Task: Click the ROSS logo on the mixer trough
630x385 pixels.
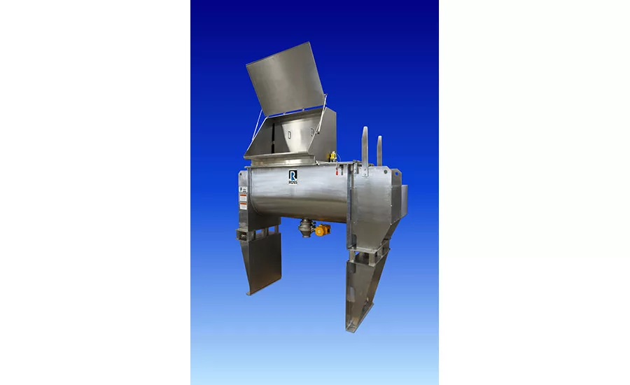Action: tap(293, 177)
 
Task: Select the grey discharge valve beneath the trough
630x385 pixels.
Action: tap(305, 227)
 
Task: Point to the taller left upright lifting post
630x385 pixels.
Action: tap(365, 146)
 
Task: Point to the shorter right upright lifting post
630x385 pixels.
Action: tap(380, 150)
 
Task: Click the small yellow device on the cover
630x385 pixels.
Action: tap(333, 155)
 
